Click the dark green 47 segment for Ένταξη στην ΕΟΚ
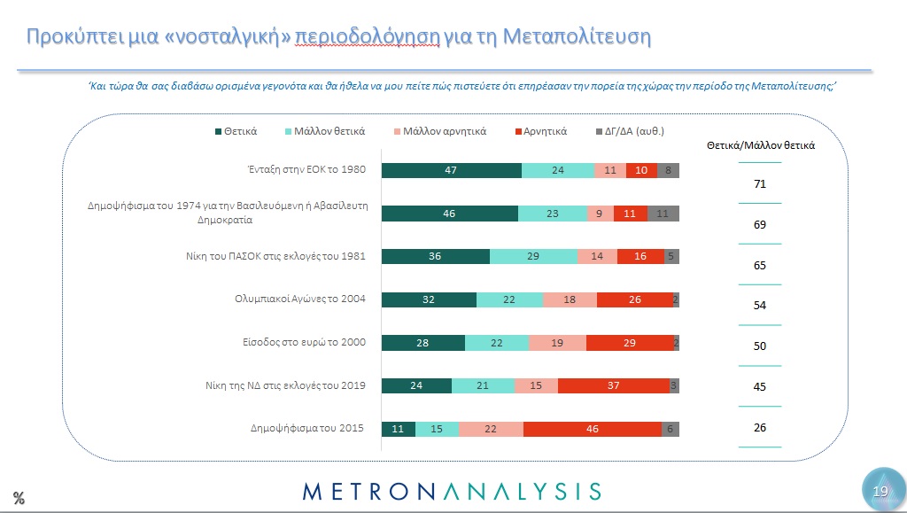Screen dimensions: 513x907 pyautogui.click(x=451, y=171)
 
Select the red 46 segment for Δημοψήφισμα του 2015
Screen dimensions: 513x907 pyautogui.click(x=592, y=428)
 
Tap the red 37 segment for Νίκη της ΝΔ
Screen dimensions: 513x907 pyautogui.click(x=613, y=385)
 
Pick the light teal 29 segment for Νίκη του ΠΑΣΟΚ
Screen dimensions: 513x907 pyautogui.click(x=533, y=256)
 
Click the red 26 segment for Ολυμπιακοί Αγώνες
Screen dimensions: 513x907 pyautogui.click(x=634, y=299)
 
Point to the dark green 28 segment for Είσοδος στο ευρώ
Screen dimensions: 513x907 pyautogui.click(x=422, y=343)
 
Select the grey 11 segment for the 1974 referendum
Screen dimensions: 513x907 pyautogui.click(x=663, y=214)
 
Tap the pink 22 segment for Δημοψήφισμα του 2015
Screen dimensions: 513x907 pyautogui.click(x=491, y=428)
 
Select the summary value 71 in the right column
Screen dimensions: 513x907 pyautogui.click(x=759, y=184)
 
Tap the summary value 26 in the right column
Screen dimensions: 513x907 pyautogui.click(x=759, y=428)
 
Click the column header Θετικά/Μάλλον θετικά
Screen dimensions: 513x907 pyautogui.click(x=760, y=145)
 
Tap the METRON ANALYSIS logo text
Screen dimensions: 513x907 pyautogui.click(x=452, y=491)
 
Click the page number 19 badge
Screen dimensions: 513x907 pyautogui.click(x=880, y=490)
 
